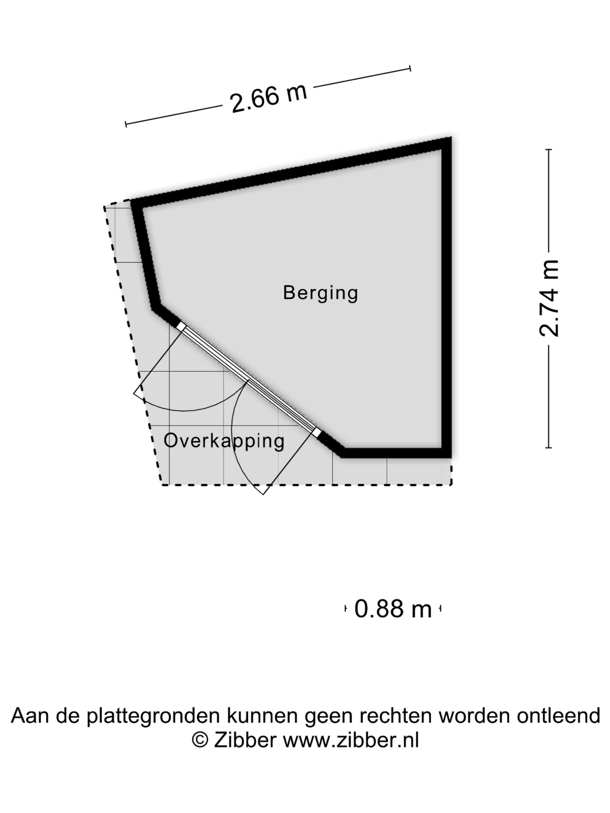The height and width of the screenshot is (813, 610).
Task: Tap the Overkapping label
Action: (224, 441)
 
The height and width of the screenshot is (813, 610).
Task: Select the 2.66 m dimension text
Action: (268, 98)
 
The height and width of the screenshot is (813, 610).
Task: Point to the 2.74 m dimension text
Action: (549, 298)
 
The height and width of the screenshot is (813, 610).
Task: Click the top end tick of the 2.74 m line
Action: (549, 150)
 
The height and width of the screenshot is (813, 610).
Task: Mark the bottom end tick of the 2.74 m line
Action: (549, 448)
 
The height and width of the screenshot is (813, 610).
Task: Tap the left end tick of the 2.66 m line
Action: (126, 124)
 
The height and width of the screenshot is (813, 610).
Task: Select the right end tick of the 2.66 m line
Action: (410, 68)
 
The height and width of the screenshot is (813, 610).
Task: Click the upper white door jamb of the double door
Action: (181, 326)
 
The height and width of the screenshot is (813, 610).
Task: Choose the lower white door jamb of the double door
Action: (317, 432)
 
